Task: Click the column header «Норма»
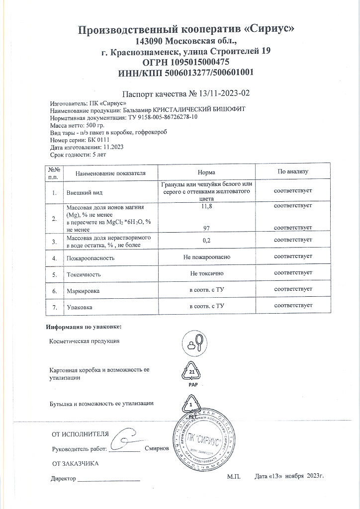pyautogui.click(x=206, y=172)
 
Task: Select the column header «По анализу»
pyautogui.click(x=293, y=172)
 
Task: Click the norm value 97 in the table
pyautogui.click(x=206, y=228)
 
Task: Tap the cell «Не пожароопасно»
pyautogui.click(x=206, y=258)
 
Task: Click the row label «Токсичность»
pyautogui.click(x=84, y=274)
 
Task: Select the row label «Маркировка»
pyautogui.click(x=84, y=290)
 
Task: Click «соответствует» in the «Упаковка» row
pyautogui.click(x=293, y=305)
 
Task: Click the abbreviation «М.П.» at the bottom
pyautogui.click(x=234, y=477)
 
